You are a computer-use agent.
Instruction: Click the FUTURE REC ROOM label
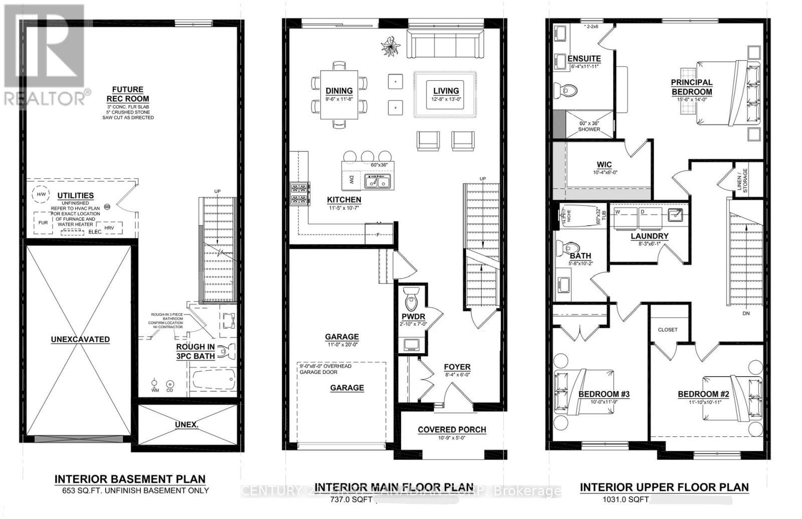[127, 94]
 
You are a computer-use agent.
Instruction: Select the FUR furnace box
[43, 223]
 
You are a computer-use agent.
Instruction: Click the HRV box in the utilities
[110, 228]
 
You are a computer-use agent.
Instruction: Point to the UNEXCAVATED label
[80, 339]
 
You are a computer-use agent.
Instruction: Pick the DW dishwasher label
[351, 180]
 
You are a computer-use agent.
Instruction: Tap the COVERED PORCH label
[452, 429]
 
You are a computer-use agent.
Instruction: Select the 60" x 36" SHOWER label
[589, 126]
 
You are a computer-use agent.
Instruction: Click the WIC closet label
[604, 165]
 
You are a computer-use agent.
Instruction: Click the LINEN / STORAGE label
[742, 180]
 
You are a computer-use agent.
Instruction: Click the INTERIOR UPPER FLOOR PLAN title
[664, 487]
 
